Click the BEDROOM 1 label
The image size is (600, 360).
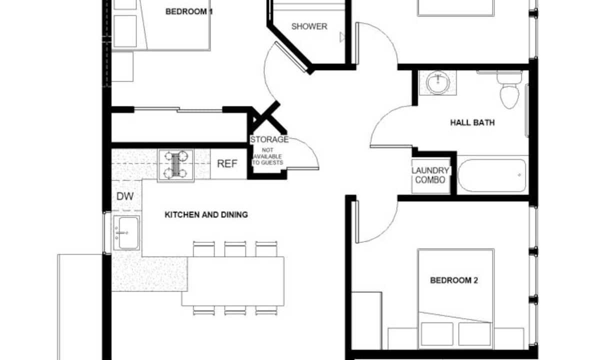(x=189, y=11)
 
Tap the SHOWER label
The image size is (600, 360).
(x=309, y=26)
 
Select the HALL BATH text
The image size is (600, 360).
(x=472, y=122)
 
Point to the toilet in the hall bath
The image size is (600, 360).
(x=509, y=89)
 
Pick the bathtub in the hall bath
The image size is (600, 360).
(x=492, y=175)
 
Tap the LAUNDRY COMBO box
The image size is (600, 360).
(x=430, y=175)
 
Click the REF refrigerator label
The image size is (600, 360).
(x=227, y=163)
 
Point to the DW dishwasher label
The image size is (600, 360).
(x=125, y=196)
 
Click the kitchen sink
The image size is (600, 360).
(x=126, y=233)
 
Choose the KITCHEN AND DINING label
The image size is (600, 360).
(x=206, y=214)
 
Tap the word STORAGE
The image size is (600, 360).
(x=269, y=139)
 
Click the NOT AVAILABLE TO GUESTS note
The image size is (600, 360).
(x=267, y=156)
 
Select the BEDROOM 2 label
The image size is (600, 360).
(x=454, y=280)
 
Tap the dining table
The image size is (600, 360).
(x=233, y=281)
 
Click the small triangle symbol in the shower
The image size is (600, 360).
(x=342, y=37)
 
